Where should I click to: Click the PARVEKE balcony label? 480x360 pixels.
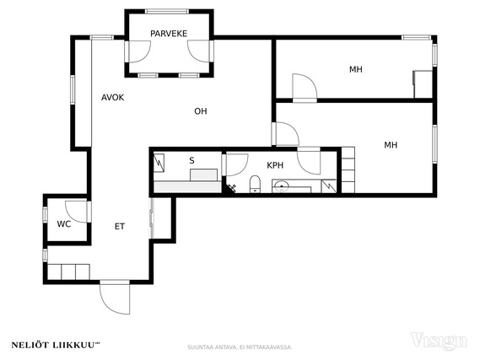169,34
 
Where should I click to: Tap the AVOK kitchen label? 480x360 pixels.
113,98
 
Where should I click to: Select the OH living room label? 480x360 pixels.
201,111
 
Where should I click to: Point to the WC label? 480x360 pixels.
63,224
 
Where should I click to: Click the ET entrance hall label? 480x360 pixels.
120,226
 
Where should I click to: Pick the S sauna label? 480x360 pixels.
191,160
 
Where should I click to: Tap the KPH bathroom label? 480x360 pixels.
275,165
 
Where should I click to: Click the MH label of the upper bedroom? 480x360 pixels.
356,69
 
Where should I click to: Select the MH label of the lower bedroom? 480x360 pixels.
391,145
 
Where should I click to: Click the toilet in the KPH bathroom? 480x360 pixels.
255,184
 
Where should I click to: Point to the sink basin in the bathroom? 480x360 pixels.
281,186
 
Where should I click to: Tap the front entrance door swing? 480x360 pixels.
115,298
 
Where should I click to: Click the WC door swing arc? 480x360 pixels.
76,212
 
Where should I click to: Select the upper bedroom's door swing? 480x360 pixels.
305,86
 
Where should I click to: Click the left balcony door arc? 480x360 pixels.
139,51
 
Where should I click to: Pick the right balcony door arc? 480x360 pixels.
199,51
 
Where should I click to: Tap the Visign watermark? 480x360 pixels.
439,341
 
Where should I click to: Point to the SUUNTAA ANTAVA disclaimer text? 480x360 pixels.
240,347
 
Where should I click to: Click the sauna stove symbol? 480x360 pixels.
159,163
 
